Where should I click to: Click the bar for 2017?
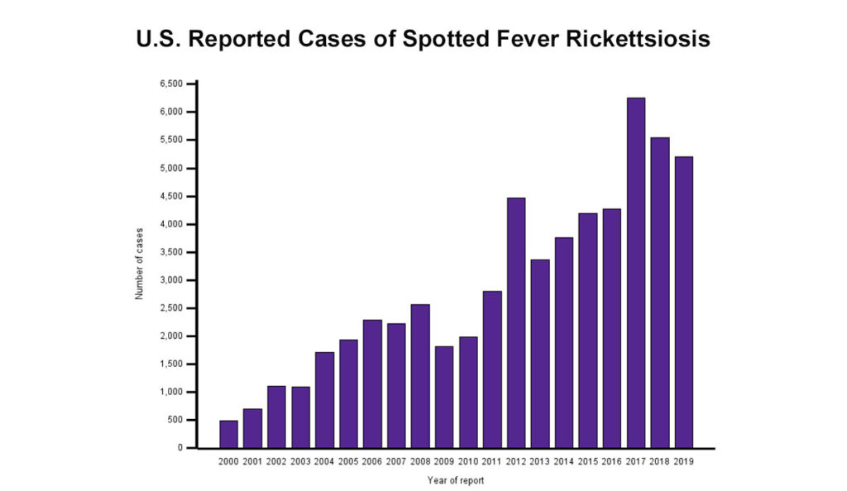click(636, 273)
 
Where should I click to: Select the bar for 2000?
click(228, 434)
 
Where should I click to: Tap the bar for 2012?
click(516, 322)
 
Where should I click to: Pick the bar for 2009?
click(444, 397)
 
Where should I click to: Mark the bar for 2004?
click(324, 400)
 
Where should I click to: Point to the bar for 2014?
click(564, 342)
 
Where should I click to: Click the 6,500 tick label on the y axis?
click(171, 83)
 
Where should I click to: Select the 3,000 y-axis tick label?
click(171, 280)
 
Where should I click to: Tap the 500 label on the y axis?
click(175, 420)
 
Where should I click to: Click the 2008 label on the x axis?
click(420, 460)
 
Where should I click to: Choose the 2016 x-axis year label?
click(612, 460)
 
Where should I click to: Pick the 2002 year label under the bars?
click(276, 460)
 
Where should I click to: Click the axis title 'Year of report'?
click(456, 480)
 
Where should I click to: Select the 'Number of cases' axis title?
click(140, 263)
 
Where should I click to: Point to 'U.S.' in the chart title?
click(158, 39)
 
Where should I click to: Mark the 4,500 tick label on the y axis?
click(171, 196)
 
